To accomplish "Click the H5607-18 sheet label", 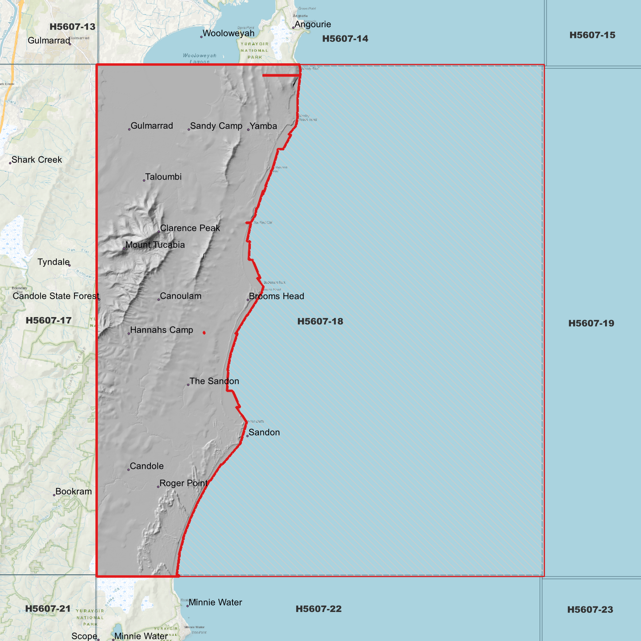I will (x=320, y=321).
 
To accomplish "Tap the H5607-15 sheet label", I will (x=592, y=35).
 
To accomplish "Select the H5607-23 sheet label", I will (x=590, y=610).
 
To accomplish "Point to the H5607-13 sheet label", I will (x=72, y=27).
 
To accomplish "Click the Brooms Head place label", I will (x=276, y=296).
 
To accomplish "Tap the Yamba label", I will (x=263, y=126).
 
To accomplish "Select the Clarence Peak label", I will (x=190, y=228).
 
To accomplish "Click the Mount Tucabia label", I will (x=155, y=245).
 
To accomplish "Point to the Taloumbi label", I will (x=163, y=177).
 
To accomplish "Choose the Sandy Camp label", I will (x=216, y=126).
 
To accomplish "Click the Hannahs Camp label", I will (x=161, y=330).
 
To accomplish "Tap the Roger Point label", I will (x=183, y=483).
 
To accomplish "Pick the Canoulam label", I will (x=181, y=296).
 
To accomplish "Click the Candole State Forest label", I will (x=56, y=296).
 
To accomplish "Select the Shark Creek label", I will (x=37, y=160).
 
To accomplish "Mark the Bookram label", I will (x=74, y=492).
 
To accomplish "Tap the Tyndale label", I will (x=54, y=262).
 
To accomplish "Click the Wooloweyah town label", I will (x=228, y=33).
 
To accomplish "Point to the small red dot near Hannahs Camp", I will (x=204, y=333).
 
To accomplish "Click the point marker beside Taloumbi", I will (x=144, y=181).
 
